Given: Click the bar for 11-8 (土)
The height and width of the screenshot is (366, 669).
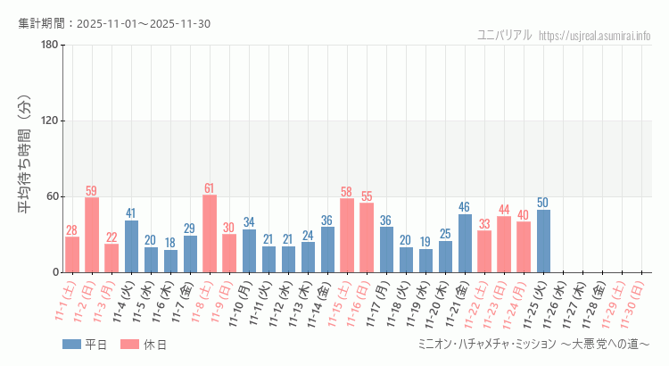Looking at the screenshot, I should pos(210,234).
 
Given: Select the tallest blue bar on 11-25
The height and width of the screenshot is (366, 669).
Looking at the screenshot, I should pos(543,241).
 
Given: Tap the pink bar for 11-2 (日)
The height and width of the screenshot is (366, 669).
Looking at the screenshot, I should pos(92,235).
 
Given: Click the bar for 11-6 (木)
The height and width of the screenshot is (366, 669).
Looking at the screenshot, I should pos(170,261).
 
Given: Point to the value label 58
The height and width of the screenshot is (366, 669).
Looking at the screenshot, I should pos(347,192).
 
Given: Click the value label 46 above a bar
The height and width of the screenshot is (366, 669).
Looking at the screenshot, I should pos(465,207).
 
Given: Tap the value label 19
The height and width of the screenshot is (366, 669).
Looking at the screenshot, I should pos(425,242).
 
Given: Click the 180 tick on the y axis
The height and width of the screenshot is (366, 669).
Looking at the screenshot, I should pos(48,46).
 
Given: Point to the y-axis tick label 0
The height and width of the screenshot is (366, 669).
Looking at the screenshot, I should pos(55,272).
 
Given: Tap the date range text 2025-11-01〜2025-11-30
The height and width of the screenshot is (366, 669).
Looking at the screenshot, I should pos(144,23).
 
